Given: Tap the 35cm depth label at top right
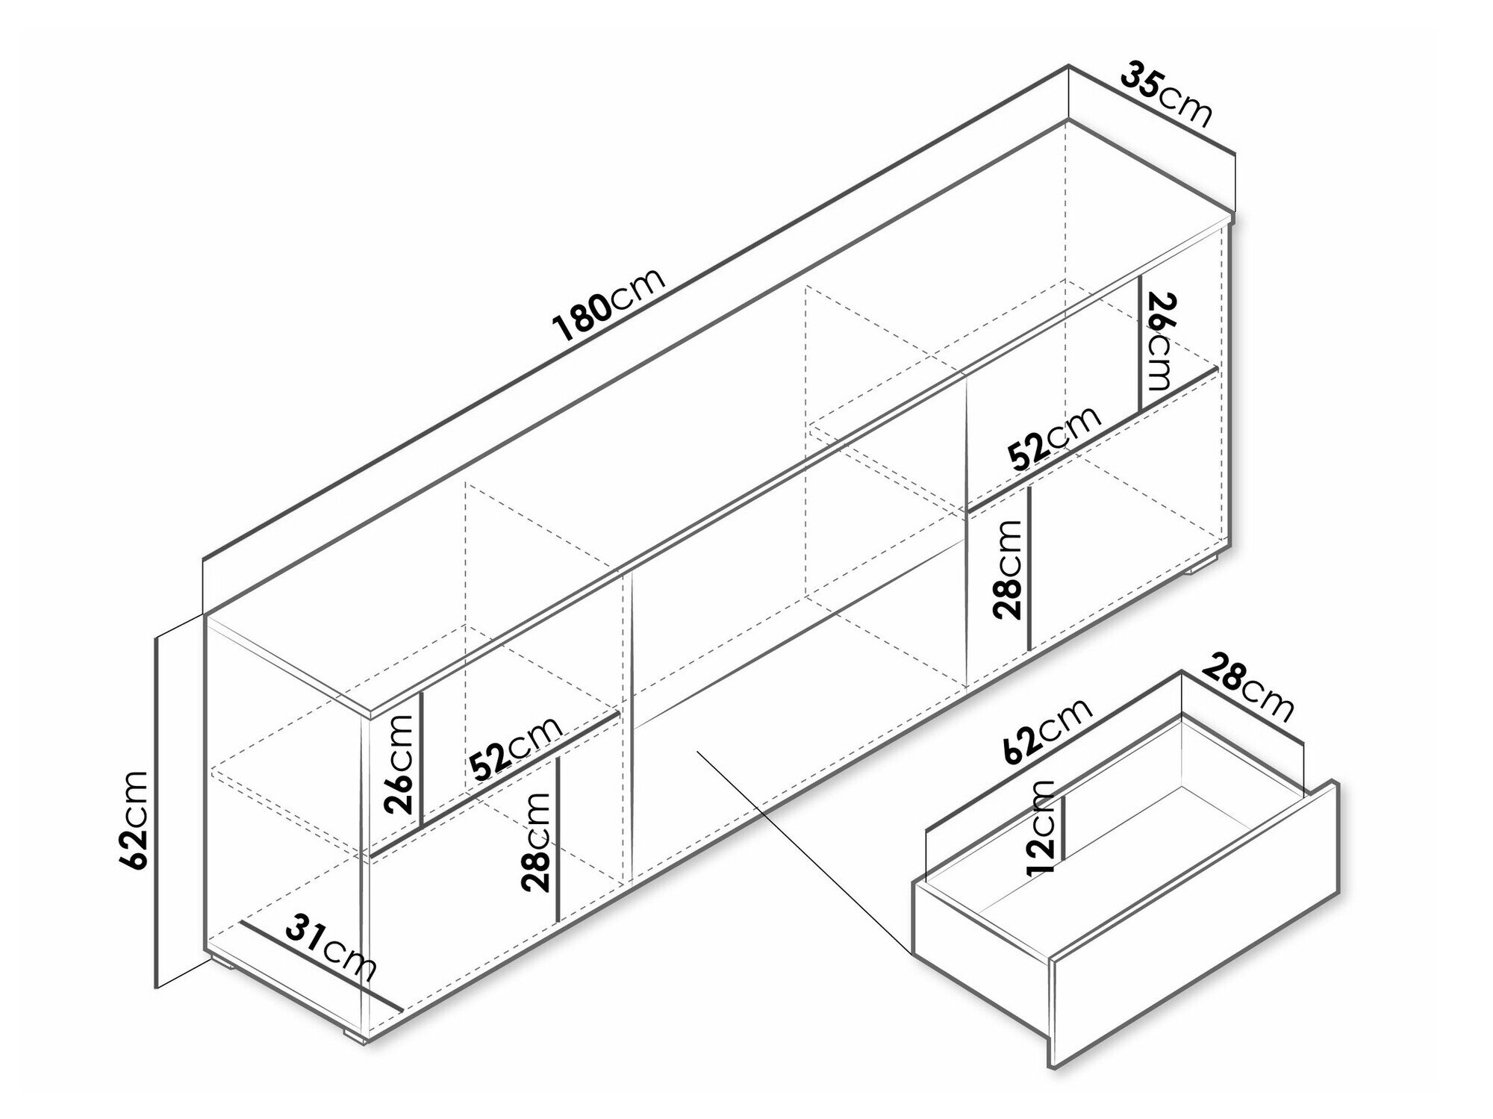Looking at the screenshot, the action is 1166,94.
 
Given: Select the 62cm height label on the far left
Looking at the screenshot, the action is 134,820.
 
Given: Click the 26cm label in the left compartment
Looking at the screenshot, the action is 397,764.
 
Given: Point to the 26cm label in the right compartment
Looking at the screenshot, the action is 1162,342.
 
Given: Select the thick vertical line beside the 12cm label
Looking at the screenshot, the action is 1064,826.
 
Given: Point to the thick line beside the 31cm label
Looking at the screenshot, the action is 322,967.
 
